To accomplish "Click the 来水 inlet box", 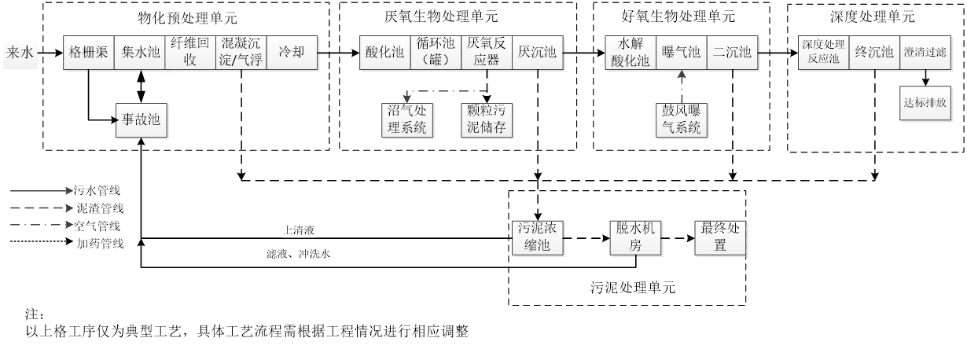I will (20, 53).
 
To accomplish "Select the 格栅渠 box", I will (89, 53).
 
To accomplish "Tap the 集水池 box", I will (141, 53).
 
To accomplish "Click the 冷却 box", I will (292, 53).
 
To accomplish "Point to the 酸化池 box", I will (385, 53).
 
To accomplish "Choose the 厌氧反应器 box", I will (487, 53).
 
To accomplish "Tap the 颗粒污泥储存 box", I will (487, 119).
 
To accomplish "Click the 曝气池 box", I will (682, 53).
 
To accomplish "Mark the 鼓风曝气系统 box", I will (682, 119).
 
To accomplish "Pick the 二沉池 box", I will (732, 53).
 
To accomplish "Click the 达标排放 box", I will (925, 102).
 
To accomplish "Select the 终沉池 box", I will (874, 53).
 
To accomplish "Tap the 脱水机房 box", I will (636, 237).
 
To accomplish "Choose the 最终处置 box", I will (721, 237).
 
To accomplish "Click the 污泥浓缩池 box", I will (539, 237).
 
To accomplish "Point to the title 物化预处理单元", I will (187, 17).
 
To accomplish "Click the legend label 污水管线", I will (97, 189).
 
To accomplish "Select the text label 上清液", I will (299, 230).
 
